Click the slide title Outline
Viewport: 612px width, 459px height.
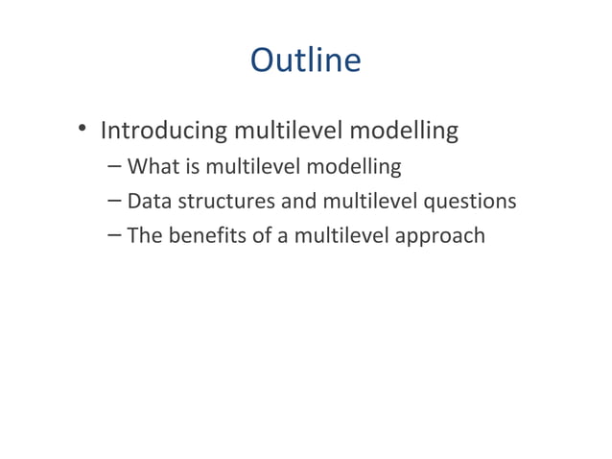click(x=305, y=60)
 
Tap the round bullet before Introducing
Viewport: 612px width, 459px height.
click(x=83, y=130)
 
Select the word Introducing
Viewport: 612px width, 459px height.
click(x=164, y=130)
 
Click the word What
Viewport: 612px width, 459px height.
click(x=153, y=167)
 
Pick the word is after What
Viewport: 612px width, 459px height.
click(x=192, y=167)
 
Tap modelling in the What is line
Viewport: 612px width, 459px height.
click(x=352, y=167)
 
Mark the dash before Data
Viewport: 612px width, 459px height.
click(x=114, y=201)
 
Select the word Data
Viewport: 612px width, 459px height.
click(x=149, y=201)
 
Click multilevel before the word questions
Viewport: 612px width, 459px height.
click(x=368, y=201)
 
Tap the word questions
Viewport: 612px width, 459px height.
click(x=468, y=203)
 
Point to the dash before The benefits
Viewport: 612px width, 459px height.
click(x=114, y=234)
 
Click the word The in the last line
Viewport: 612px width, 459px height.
click(x=145, y=234)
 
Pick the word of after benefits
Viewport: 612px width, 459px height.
click(x=262, y=234)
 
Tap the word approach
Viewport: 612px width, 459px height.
click(x=440, y=236)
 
